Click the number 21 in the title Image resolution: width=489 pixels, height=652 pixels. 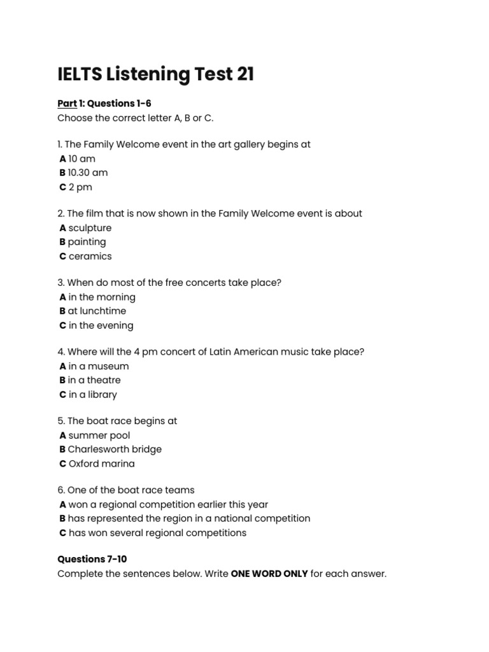coord(245,74)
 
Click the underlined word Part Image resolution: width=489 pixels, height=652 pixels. coord(67,103)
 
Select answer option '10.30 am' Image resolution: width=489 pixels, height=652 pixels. coord(87,173)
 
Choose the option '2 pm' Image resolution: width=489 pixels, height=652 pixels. coord(80,187)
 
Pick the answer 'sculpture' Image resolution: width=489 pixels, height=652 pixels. coord(90,228)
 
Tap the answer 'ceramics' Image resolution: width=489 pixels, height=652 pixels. coord(90,256)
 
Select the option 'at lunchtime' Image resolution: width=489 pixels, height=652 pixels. coord(97,311)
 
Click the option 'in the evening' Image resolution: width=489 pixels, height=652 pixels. coord(101,325)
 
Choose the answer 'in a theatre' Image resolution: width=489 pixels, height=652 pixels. coord(94,380)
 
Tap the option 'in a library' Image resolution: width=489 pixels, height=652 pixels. coord(92,394)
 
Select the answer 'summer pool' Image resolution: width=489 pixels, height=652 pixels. coord(99,436)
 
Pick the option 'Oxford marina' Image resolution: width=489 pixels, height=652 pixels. coord(101,464)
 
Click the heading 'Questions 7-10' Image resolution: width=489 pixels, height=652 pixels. coord(92,559)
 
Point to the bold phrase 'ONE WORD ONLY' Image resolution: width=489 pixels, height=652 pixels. coord(269,574)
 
